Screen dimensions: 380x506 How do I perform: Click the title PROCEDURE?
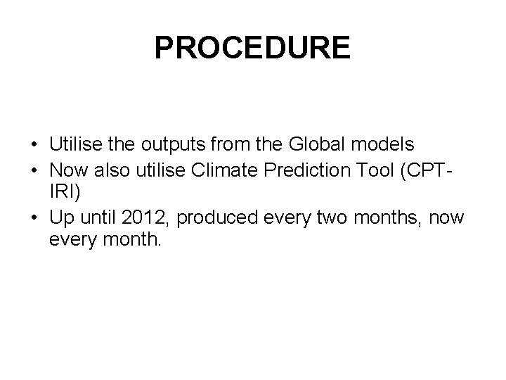coord(252,48)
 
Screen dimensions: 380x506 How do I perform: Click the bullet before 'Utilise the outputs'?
coord(34,145)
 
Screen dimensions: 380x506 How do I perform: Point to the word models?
coord(381,144)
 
